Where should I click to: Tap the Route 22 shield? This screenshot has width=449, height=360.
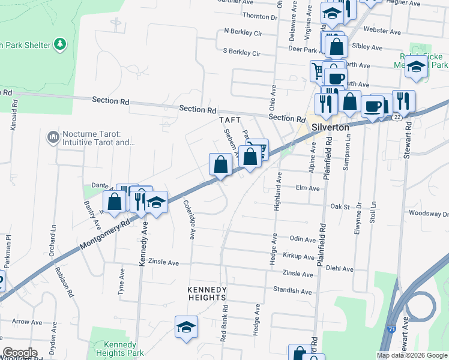[397, 118]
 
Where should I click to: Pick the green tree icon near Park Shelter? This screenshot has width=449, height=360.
[59, 44]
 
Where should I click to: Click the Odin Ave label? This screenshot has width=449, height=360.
[303, 239]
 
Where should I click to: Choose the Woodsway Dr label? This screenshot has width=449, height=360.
[428, 213]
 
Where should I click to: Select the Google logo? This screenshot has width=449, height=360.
[20, 353]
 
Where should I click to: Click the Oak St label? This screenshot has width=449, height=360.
[340, 206]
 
